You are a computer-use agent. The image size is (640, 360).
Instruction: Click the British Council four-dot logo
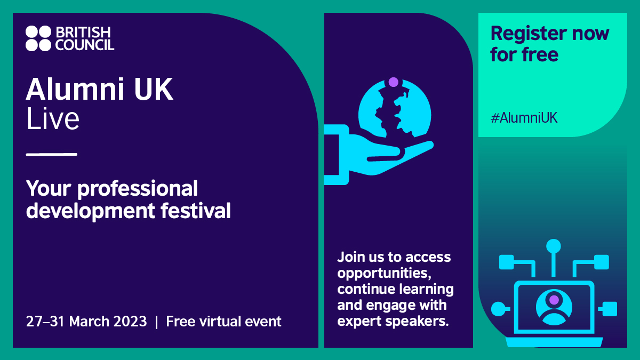[38, 38]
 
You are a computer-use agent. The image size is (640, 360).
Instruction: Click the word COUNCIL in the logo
[85, 45]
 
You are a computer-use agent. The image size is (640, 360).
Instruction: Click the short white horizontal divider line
[52, 155]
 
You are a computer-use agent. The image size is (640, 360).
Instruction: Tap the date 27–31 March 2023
[86, 322]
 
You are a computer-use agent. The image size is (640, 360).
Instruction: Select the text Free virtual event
[223, 322]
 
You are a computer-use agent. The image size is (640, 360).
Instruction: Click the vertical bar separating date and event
[156, 322]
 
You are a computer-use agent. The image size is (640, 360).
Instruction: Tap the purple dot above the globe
[394, 82]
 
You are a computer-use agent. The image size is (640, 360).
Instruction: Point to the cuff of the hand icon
[338, 155]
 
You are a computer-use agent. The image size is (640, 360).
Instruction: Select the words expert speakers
[393, 322]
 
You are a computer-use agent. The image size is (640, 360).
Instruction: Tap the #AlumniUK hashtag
[524, 118]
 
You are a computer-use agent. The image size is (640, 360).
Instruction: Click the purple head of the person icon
[554, 300]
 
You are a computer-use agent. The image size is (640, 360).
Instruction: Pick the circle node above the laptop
[554, 246]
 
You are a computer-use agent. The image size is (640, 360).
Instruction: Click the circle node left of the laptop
[497, 308]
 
